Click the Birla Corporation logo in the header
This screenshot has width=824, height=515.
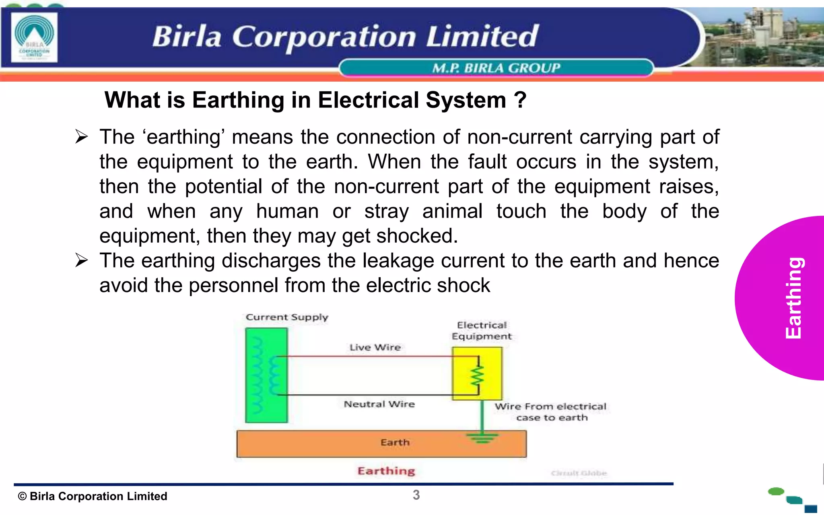click(34, 37)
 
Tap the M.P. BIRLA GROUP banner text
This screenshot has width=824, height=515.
click(496, 68)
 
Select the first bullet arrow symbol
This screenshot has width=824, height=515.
click(81, 137)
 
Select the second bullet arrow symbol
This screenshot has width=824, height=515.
click(81, 260)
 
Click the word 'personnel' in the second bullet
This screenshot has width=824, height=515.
click(233, 285)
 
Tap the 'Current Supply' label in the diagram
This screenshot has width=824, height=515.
click(287, 317)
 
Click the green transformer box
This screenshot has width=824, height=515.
click(266, 375)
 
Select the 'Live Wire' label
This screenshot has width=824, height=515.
click(375, 347)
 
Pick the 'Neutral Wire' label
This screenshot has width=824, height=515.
click(379, 404)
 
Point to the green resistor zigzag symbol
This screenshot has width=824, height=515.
click(478, 376)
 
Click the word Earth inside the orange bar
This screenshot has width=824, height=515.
click(395, 443)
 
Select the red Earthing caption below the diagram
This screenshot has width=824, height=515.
click(386, 471)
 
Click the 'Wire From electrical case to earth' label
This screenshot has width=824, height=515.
click(551, 412)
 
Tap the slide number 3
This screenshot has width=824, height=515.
click(416, 495)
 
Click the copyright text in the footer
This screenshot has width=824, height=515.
click(93, 496)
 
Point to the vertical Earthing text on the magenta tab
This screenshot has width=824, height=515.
click(794, 298)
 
